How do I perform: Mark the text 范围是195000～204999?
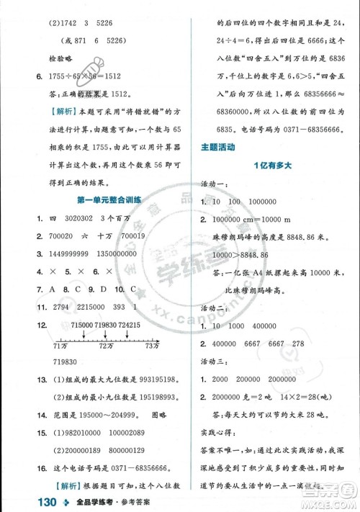(x=85, y=395)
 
